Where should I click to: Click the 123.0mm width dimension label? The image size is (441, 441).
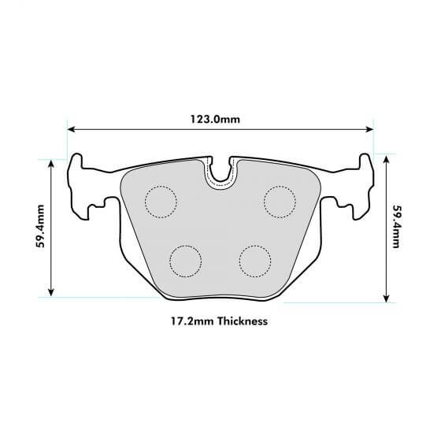click(220, 119)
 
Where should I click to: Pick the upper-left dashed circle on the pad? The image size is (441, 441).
click(161, 202)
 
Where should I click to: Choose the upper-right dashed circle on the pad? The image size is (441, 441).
click(279, 202)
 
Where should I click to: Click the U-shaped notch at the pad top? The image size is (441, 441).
click(220, 175)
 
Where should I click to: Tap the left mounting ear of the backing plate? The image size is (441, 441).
click(79, 185)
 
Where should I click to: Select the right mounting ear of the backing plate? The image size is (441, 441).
click(362, 185)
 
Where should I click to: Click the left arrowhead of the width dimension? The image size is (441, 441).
click(71, 128)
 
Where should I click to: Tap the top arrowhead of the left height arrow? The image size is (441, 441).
click(52, 161)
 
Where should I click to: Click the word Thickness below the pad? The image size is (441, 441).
click(243, 321)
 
